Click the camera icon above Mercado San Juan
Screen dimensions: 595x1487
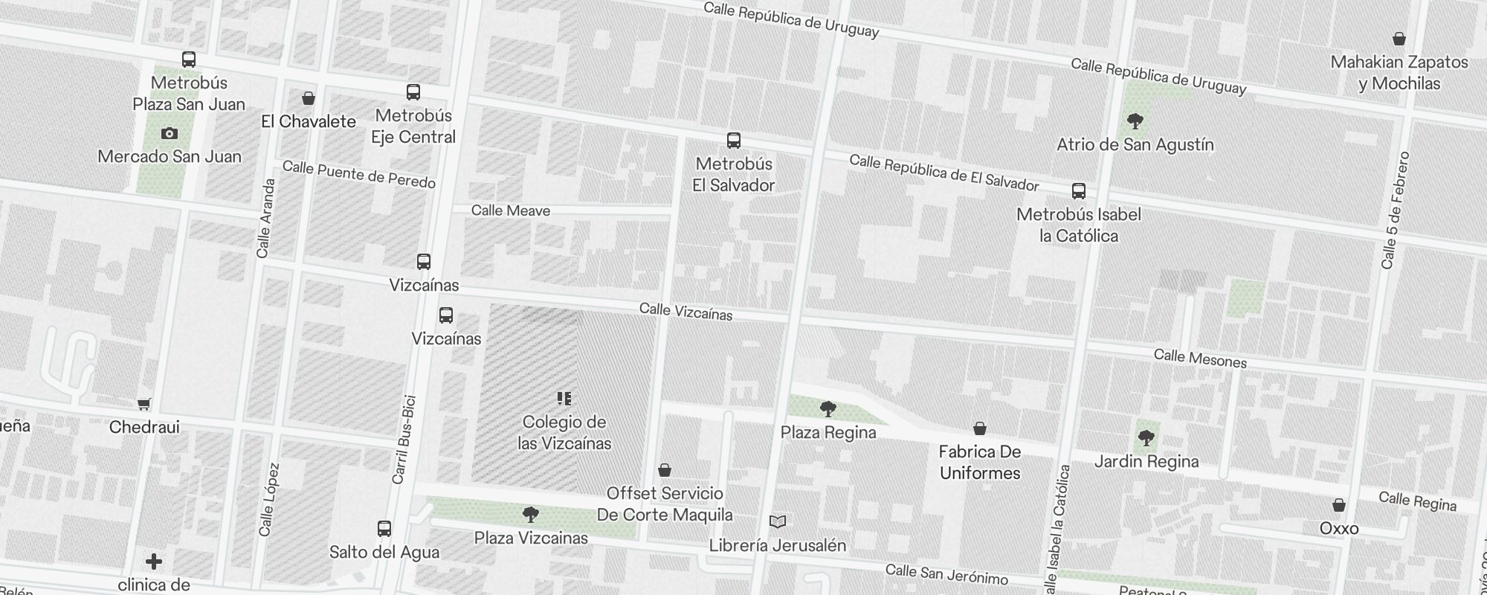[170, 134]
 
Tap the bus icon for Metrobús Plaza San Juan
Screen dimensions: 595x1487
[189, 59]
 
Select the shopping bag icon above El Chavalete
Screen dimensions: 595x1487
[309, 98]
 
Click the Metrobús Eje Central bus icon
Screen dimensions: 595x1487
[413, 92]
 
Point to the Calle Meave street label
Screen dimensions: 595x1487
[511, 210]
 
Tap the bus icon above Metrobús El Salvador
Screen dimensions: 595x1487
[734, 141]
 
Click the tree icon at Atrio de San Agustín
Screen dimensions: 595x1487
[1135, 121]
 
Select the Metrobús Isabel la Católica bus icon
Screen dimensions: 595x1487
[1079, 191]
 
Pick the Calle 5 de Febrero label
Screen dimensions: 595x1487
[1395, 210]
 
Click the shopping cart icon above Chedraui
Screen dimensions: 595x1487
[144, 404]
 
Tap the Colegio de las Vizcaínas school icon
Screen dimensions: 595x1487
[564, 399]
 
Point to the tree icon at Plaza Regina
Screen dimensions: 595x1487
[828, 409]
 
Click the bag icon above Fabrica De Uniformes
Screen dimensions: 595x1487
[980, 428]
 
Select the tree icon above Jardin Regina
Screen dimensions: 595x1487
[1146, 438]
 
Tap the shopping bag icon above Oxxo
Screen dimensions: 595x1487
[1339, 505]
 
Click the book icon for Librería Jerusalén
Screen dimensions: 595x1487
[778, 522]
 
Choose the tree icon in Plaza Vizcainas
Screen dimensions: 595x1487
[531, 515]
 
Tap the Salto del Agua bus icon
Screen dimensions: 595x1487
[384, 529]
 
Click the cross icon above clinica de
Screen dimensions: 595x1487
[154, 562]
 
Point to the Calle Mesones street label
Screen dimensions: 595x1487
[1200, 359]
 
